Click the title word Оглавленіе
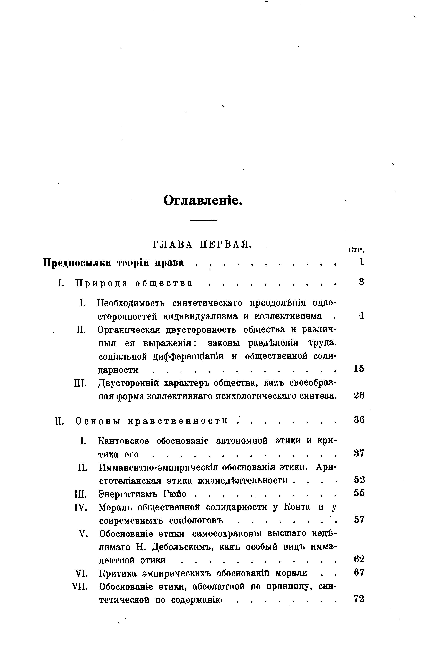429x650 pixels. coord(203,200)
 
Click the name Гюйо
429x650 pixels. coord(175,494)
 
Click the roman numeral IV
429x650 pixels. coord(81,508)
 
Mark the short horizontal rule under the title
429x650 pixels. coord(203,220)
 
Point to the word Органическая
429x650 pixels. coord(129,330)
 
